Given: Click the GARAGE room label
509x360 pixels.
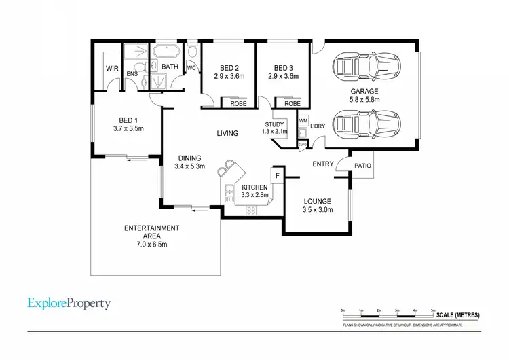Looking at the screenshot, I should tap(364, 91).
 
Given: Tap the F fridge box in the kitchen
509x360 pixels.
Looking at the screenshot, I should tap(278, 174).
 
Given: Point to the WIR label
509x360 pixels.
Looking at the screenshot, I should tap(112, 68).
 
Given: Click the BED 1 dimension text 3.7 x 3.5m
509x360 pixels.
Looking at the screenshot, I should tap(128, 128).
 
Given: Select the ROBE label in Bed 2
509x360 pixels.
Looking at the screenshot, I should tap(238, 104).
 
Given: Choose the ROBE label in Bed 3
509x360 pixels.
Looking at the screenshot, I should tap(292, 104).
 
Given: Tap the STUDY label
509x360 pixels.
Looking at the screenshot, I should tap(275, 124).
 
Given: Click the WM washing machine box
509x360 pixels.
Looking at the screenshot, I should tap(303, 120).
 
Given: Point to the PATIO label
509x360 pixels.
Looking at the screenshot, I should tap(362, 165).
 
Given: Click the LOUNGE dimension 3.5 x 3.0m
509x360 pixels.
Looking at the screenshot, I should tap(317, 211).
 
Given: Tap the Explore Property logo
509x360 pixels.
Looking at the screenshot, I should tap(69, 304).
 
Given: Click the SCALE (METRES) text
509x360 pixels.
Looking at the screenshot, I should tap(459, 315).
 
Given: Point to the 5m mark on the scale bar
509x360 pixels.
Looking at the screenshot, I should tap(433, 310).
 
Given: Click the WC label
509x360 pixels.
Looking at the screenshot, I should tap(191, 68).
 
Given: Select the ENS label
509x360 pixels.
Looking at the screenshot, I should tap(132, 73).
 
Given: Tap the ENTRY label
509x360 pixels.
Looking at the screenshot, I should tap(322, 164).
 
